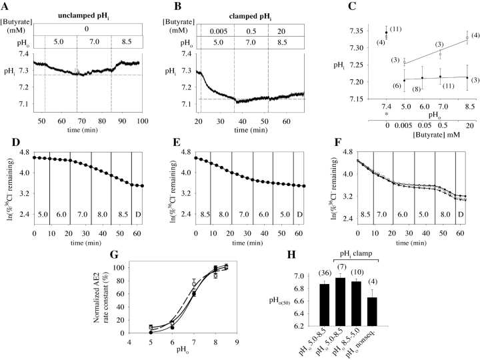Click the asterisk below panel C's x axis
tap(386, 115)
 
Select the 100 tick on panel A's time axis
tap(141, 120)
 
